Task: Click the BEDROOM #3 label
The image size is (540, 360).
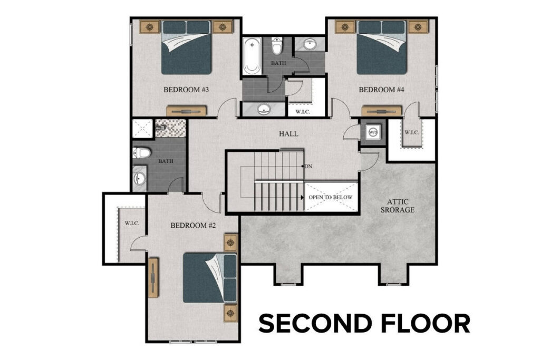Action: point(187,90)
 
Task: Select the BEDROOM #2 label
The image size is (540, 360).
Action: point(194,226)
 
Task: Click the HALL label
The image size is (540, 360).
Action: point(288,134)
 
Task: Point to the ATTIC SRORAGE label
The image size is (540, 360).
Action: point(400,206)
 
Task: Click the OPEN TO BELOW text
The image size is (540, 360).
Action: point(330,198)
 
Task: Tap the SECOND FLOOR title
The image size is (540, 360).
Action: point(364,323)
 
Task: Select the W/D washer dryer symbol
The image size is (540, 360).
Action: point(372,132)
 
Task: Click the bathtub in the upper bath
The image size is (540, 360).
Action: point(252,55)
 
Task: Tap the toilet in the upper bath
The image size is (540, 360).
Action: point(276,46)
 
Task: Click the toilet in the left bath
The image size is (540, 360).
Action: point(141,153)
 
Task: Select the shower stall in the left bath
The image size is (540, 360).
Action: point(142,128)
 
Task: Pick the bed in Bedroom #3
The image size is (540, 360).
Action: point(187,47)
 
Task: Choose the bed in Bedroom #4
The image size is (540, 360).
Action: point(382,47)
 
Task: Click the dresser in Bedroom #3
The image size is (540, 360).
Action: point(187,111)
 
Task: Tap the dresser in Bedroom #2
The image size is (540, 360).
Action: point(154,277)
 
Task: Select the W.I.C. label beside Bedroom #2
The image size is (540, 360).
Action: point(132,223)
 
